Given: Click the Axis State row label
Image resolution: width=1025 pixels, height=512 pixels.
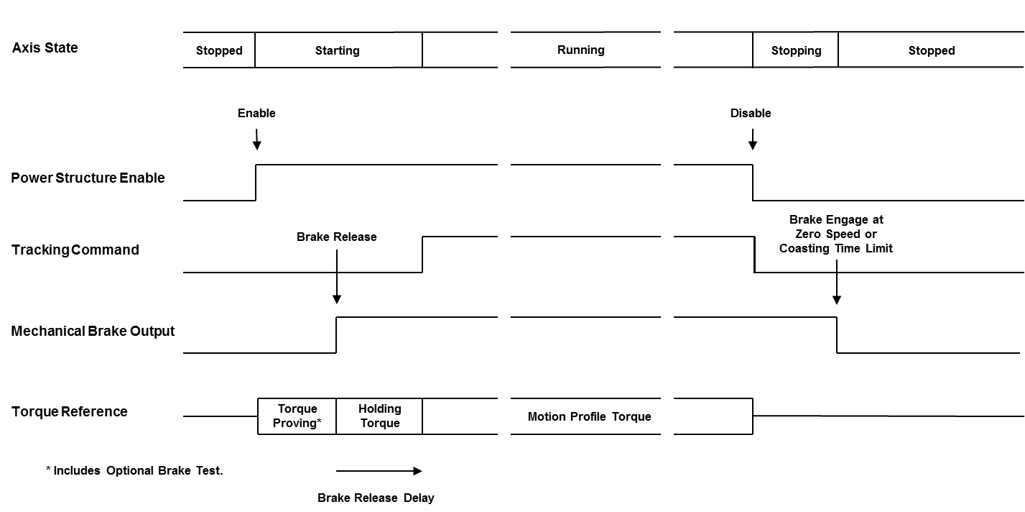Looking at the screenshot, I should tap(45, 48).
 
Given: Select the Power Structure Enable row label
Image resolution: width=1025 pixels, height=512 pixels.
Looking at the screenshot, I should tap(88, 178).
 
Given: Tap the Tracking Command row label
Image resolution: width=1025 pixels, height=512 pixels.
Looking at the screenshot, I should tap(75, 250).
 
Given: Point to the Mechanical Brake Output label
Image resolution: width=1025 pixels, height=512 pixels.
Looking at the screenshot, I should tap(93, 332).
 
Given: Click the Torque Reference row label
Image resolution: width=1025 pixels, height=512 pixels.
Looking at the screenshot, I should tap(70, 412).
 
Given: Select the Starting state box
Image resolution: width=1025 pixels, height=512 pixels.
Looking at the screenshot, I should tap(338, 50).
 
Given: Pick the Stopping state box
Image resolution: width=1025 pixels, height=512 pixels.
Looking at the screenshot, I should tap(796, 50).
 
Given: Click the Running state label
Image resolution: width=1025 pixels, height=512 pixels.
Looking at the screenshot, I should tap(581, 50).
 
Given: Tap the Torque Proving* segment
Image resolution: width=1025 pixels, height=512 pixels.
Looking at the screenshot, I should tap(297, 416).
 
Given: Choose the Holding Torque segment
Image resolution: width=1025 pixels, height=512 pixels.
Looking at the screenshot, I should tap(379, 416).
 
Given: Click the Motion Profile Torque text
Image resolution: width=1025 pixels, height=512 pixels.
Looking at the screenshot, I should tap(589, 416).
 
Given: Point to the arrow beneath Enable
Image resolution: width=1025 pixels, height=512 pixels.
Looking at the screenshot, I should tap(256, 139).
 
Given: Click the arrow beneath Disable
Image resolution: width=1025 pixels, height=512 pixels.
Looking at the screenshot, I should tap(752, 139).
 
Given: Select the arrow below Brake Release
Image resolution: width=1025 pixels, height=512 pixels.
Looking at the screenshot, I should tap(336, 276).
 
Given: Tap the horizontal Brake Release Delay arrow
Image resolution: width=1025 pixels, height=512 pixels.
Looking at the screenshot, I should tap(379, 471).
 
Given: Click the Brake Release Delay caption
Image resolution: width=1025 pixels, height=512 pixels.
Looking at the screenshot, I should tap(376, 498).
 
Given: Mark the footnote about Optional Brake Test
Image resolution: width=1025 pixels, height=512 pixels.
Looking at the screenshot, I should tap(134, 471).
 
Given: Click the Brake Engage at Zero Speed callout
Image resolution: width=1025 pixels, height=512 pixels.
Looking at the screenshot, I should tap(836, 234).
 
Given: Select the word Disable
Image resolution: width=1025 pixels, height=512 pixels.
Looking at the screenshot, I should tap(751, 113).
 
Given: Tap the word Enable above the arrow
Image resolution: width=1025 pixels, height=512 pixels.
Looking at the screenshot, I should tap(256, 113).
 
